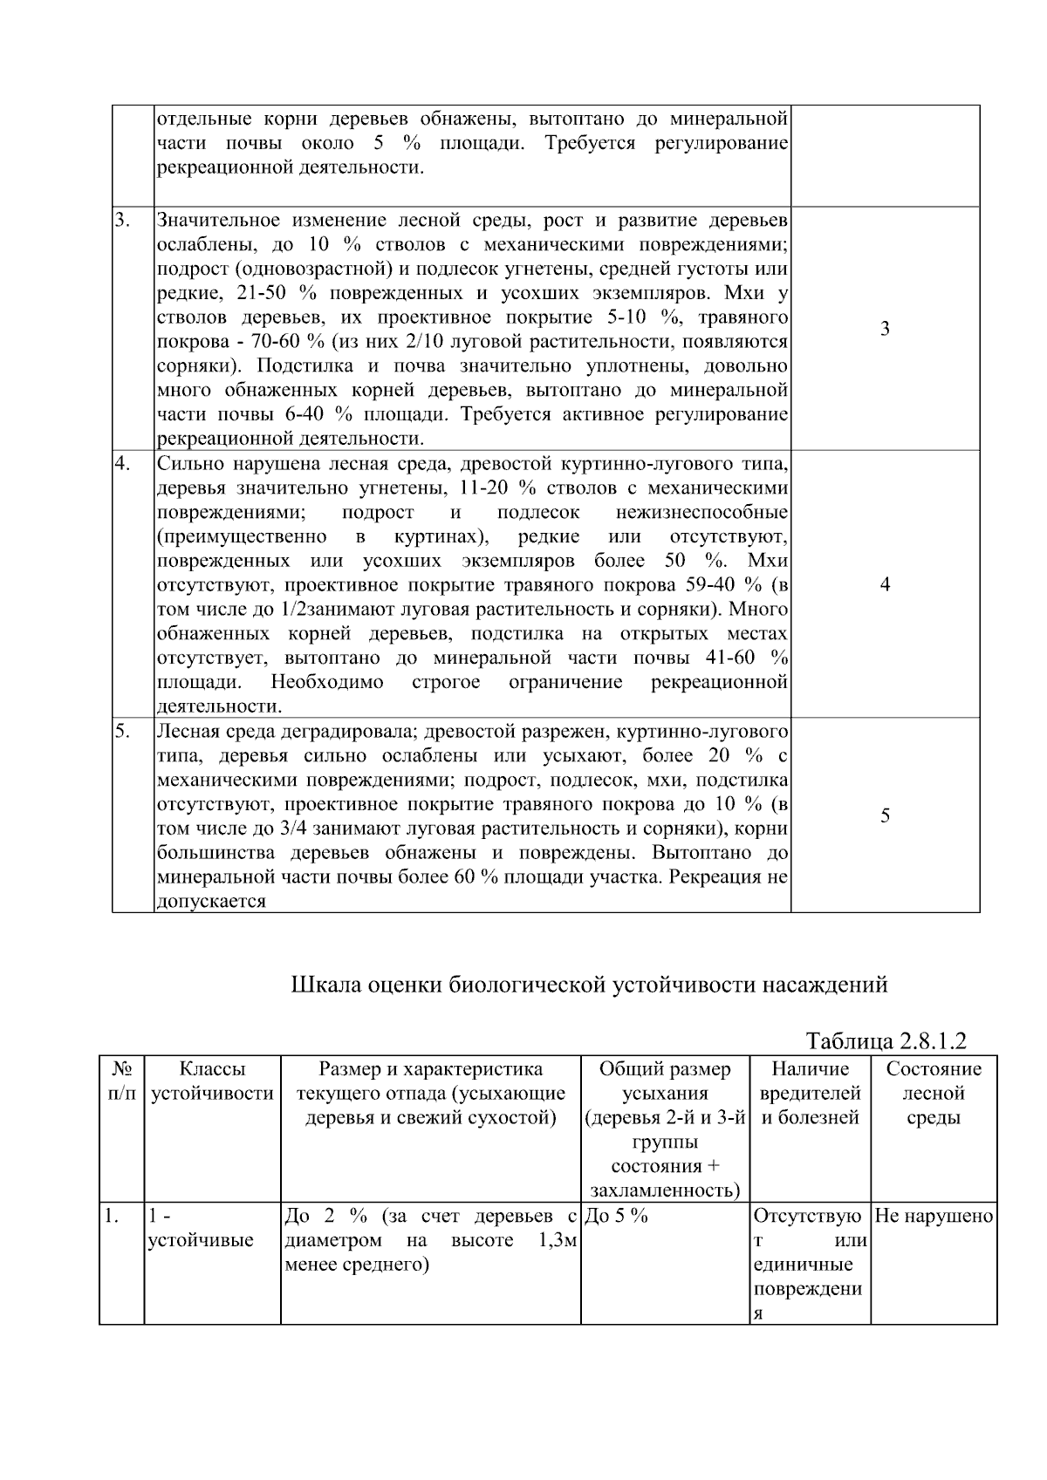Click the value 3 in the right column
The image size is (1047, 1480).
click(885, 329)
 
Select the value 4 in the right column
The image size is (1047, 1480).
click(885, 584)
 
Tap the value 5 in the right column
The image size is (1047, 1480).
click(885, 815)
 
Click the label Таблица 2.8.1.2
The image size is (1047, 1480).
click(886, 1040)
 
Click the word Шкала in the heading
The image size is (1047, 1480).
click(325, 985)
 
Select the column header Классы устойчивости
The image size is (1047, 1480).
click(212, 1081)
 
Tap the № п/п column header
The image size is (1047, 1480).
click(121, 1081)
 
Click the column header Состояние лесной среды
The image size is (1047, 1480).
click(934, 1093)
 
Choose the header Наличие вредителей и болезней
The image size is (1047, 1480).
click(811, 1093)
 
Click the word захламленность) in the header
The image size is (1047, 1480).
click(666, 1190)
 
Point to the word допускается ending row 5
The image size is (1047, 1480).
click(211, 902)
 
